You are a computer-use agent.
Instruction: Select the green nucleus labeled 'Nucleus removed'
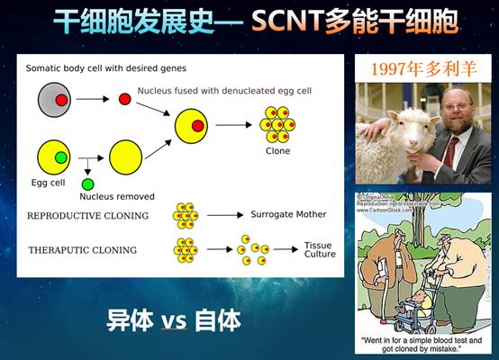pos(87,184)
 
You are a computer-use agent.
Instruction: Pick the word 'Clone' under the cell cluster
pos(277,151)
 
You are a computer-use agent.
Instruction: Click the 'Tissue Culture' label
pos(319,249)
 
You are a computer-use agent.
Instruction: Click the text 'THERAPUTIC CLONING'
pos(82,249)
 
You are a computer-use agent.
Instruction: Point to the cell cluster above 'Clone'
pos(277,123)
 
